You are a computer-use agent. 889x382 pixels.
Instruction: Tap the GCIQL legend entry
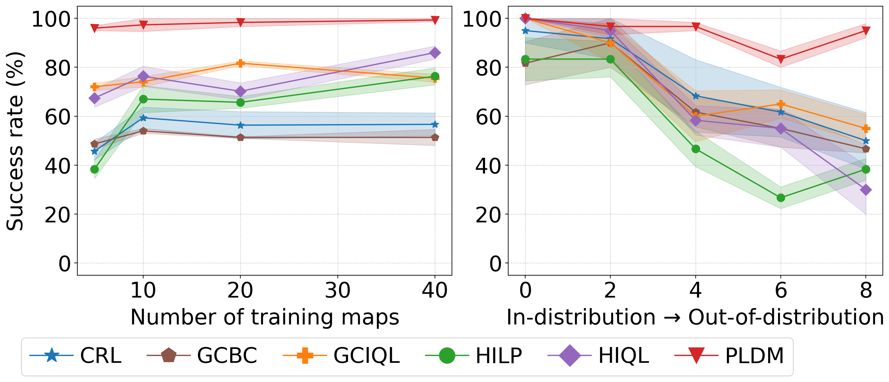(x=342, y=355)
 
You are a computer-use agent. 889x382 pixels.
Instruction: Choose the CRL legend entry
(x=76, y=355)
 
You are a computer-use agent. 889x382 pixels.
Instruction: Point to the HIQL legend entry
(x=599, y=355)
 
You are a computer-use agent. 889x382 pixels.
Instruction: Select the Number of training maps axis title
(x=265, y=317)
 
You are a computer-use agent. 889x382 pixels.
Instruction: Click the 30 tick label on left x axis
(x=337, y=290)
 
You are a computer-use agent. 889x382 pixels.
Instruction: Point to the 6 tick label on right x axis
(x=781, y=290)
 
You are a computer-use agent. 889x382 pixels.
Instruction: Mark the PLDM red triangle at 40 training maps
(x=435, y=20)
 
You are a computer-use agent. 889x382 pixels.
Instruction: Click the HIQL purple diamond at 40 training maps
(x=435, y=53)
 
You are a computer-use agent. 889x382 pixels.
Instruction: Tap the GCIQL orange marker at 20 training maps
(x=241, y=63)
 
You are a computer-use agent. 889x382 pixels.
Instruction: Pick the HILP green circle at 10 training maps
(x=143, y=99)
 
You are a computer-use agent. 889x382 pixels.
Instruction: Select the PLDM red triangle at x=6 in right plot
(x=781, y=59)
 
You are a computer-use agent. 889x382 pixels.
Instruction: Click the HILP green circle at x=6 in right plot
(x=781, y=198)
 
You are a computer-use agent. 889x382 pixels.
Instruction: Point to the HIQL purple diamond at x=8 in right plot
(x=865, y=190)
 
